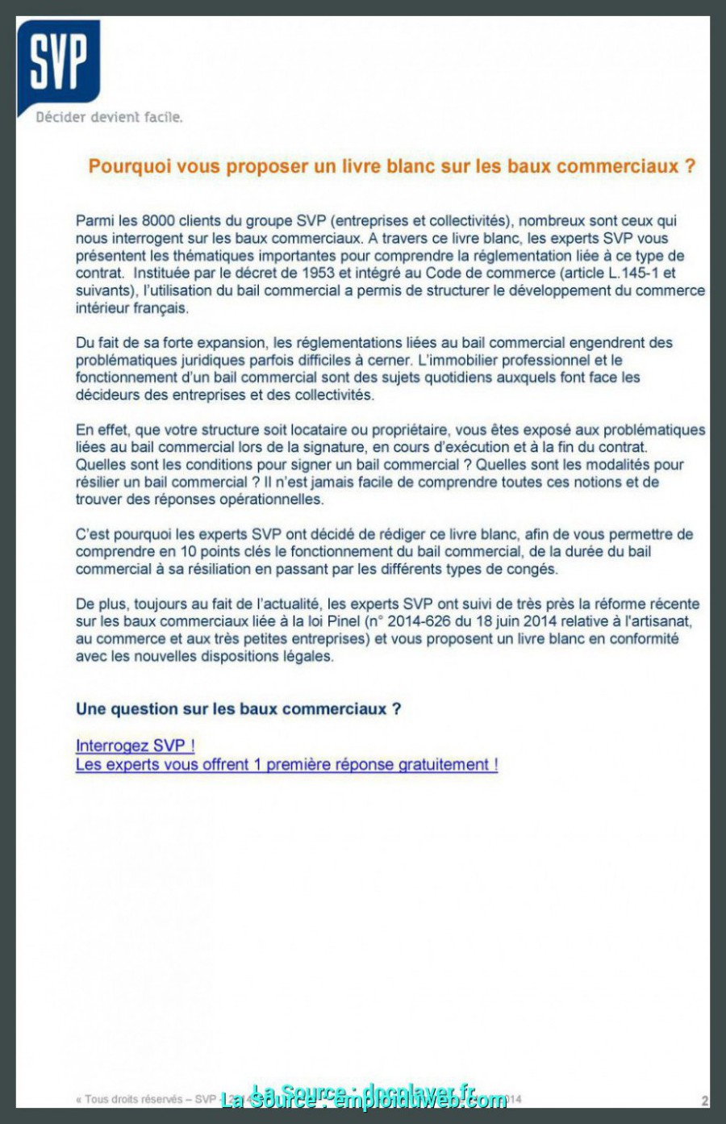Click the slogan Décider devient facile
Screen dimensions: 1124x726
pos(109,118)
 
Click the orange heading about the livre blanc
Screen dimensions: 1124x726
pos(391,167)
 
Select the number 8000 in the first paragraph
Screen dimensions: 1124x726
pos(158,221)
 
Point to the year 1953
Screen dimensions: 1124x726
pos(318,274)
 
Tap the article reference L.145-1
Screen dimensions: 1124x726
pos(633,274)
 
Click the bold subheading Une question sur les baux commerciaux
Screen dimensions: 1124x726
pos(238,709)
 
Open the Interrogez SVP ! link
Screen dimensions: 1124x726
pos(135,746)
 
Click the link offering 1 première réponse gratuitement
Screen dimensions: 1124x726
pos(286,765)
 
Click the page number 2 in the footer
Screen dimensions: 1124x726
pos(704,1101)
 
